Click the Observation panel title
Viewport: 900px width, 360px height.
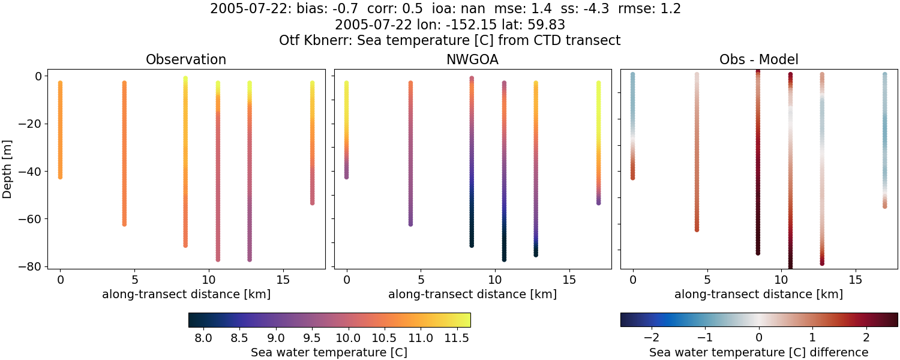[x=186, y=60]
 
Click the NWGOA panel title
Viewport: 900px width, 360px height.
[x=472, y=60]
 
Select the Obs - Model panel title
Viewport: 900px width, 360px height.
[x=758, y=60]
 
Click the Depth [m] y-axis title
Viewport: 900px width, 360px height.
[x=8, y=171]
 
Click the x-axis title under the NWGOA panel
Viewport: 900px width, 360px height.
[x=472, y=295]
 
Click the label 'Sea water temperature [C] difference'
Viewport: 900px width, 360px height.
[x=758, y=352]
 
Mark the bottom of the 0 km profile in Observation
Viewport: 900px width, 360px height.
[x=60, y=177]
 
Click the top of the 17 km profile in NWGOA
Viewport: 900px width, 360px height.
[x=598, y=83]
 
